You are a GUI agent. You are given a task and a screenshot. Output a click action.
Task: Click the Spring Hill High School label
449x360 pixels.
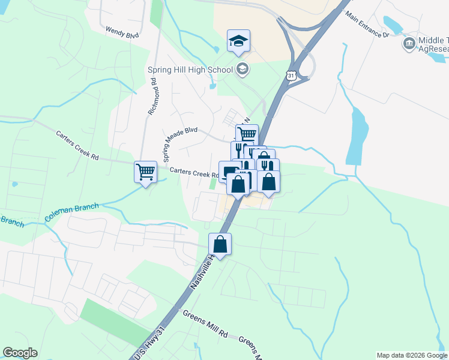tap(190, 70)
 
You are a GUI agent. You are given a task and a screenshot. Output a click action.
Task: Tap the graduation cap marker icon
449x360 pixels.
tap(238, 41)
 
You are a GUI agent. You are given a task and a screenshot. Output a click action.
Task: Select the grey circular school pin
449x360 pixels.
tap(243, 68)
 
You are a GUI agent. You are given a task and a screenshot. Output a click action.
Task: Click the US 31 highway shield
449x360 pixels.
tap(291, 75)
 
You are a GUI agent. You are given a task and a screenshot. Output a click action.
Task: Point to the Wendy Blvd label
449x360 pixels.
tap(122, 32)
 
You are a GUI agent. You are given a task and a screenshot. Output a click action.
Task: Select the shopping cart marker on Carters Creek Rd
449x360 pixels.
tap(145, 172)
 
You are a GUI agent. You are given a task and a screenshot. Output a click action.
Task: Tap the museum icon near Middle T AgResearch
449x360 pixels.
tap(409, 43)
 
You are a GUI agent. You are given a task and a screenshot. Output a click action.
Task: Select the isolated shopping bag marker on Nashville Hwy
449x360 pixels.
tap(220, 244)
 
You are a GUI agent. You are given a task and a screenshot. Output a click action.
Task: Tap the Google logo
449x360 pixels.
tap(20, 353)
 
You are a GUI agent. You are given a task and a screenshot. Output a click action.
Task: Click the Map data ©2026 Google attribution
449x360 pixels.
tap(411, 355)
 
